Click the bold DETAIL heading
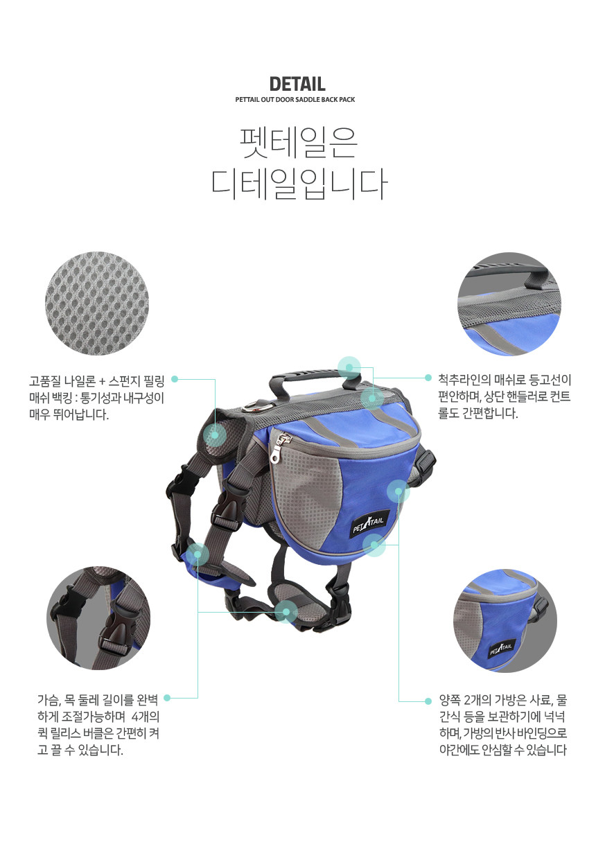coord(297,84)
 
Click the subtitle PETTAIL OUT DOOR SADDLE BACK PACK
coord(295,100)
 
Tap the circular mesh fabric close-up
coord(97,303)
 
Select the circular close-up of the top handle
coord(509,304)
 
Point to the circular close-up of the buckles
coord(98,617)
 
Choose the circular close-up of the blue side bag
coord(505,620)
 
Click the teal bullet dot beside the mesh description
coord(175,379)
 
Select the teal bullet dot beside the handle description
coord(428,378)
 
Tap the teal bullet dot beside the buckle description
coord(166,698)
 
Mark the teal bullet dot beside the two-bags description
coord(428,701)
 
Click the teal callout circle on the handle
coord(349,368)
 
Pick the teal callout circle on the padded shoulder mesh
coord(215,435)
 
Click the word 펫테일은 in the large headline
coord(299,143)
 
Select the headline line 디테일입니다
coord(299,184)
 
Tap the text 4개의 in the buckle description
coord(146,717)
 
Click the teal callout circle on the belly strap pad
coord(286,612)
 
